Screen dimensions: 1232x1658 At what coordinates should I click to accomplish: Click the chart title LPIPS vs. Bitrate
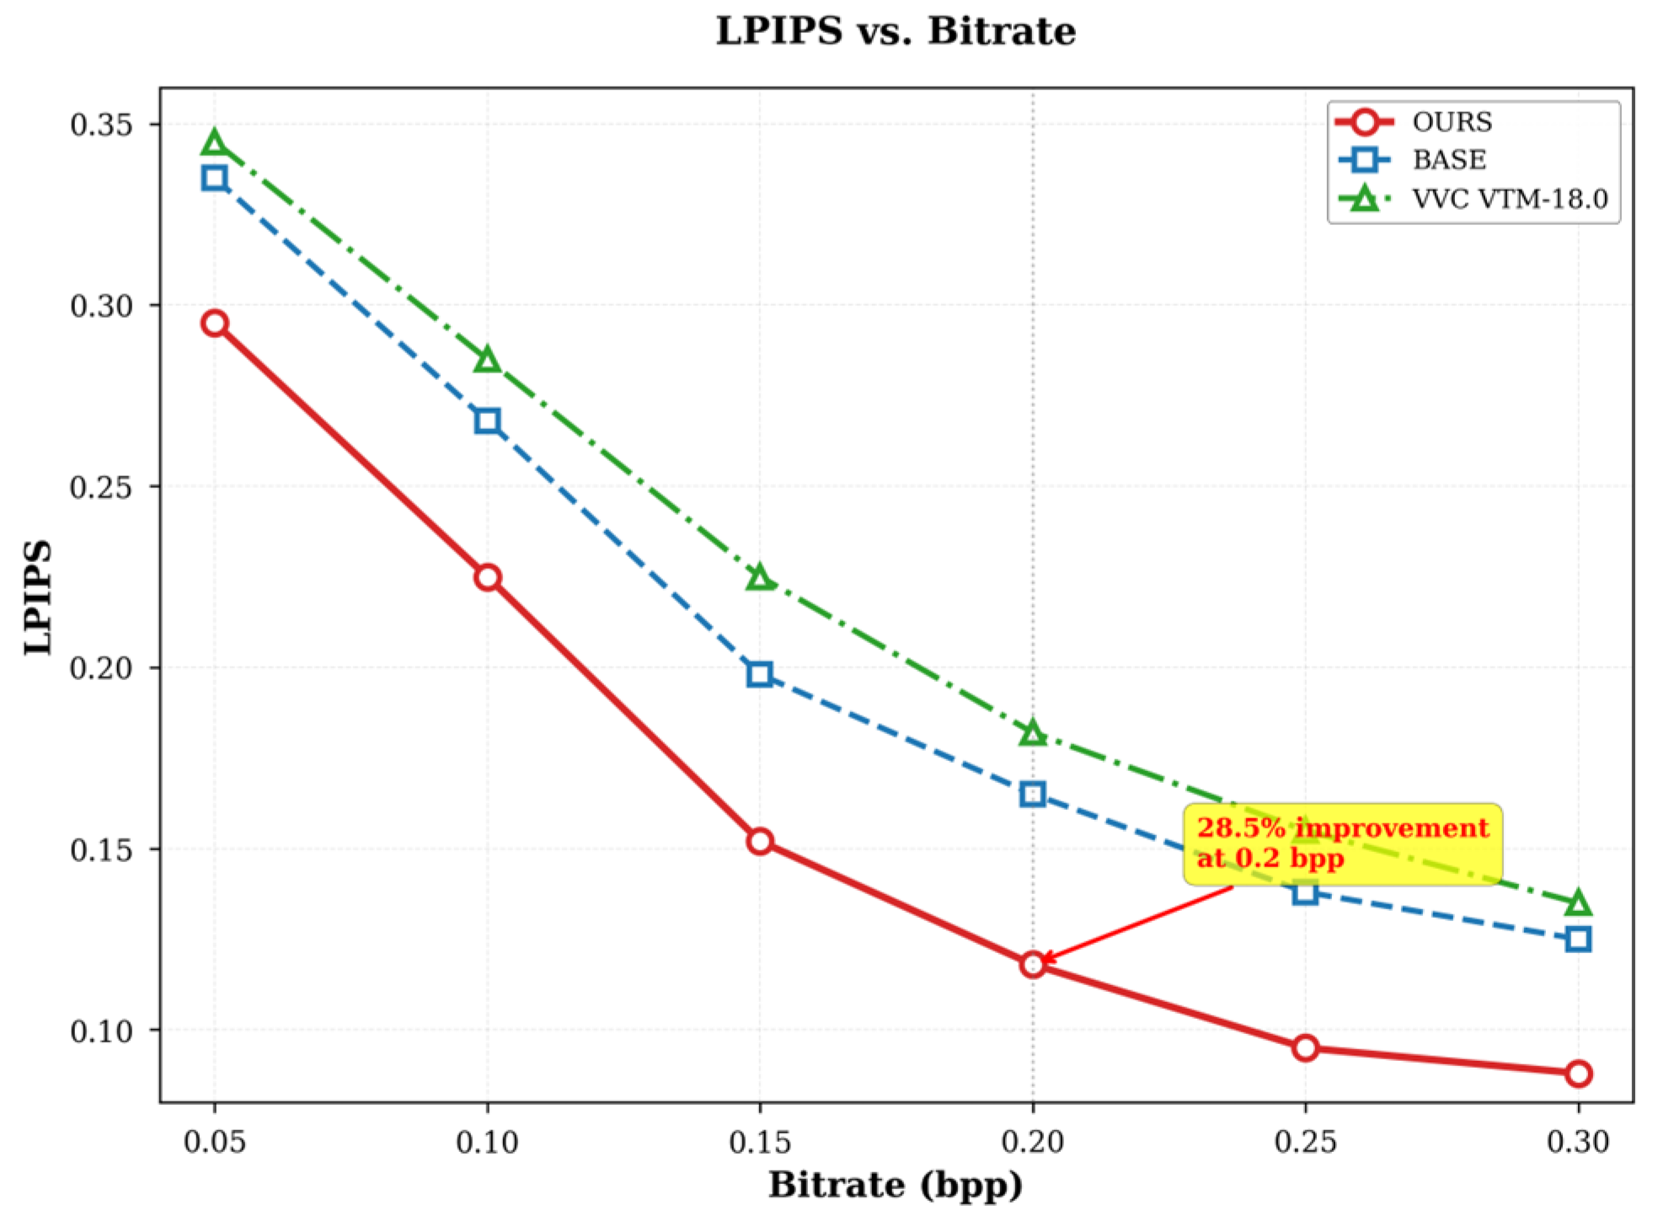click(x=896, y=31)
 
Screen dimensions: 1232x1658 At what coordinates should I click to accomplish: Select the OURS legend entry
click(x=1451, y=122)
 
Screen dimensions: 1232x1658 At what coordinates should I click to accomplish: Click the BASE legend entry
click(x=1448, y=160)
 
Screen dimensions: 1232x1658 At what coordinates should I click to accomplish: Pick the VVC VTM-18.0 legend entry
click(x=1508, y=199)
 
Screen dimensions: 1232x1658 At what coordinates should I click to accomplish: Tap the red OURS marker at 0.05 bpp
click(x=215, y=324)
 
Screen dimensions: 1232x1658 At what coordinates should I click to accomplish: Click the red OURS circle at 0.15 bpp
click(x=760, y=842)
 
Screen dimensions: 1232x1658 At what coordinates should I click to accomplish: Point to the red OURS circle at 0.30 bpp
click(x=1579, y=1074)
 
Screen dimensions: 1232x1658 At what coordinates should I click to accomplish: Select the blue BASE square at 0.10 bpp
click(x=487, y=420)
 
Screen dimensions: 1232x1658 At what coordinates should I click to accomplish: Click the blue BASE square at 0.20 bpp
click(x=1033, y=794)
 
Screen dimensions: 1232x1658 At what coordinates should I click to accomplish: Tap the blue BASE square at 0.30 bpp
click(x=1579, y=939)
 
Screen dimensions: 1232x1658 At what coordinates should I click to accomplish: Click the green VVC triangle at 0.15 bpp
click(x=760, y=578)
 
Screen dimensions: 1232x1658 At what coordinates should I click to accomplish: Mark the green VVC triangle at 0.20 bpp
click(x=1033, y=734)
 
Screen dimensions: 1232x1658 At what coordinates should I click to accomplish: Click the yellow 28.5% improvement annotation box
click(x=1342, y=844)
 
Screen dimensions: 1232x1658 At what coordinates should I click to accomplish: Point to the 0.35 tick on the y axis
click(x=102, y=125)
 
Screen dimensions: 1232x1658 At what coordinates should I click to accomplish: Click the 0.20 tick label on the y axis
click(x=102, y=668)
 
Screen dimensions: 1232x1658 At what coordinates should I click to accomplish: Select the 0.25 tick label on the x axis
click(x=1305, y=1142)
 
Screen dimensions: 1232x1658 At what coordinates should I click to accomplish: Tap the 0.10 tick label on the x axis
click(x=487, y=1142)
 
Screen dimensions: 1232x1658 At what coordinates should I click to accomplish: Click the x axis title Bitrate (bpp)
click(x=896, y=1186)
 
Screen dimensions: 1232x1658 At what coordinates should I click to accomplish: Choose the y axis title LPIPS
click(x=38, y=597)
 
